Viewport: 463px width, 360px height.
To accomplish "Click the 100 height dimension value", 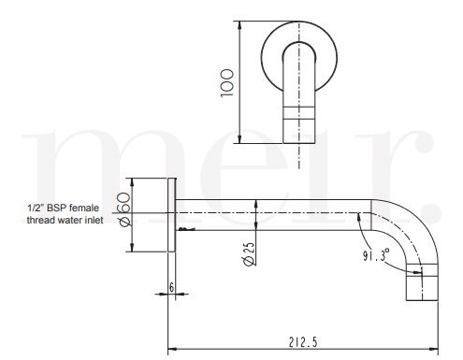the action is (226, 83).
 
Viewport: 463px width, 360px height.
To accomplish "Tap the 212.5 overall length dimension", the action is (303, 342).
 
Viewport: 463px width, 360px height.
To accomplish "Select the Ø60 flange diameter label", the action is (124, 209).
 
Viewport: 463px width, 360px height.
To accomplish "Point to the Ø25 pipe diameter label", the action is (249, 254).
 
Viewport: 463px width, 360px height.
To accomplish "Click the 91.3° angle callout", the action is (376, 254).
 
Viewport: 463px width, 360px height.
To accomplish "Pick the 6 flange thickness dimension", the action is (171, 287).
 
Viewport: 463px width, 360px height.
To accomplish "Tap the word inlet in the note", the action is (94, 220).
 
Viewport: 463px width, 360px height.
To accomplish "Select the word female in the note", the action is (84, 208).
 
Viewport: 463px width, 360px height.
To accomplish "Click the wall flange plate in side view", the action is (172, 215).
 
